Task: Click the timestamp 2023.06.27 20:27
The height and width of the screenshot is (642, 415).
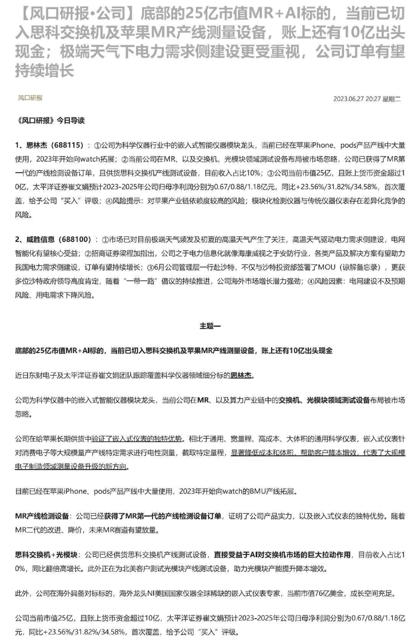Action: [357, 99]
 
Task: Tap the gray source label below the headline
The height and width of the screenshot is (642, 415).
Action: [30, 98]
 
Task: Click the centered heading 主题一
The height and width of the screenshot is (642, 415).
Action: [210, 326]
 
